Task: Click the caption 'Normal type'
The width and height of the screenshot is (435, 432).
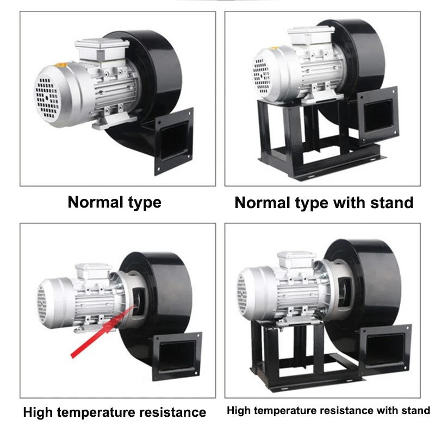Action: [x=114, y=203]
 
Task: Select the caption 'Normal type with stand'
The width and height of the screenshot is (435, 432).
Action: [x=324, y=203]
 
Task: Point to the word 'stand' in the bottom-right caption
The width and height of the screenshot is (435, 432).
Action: [x=415, y=410]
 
